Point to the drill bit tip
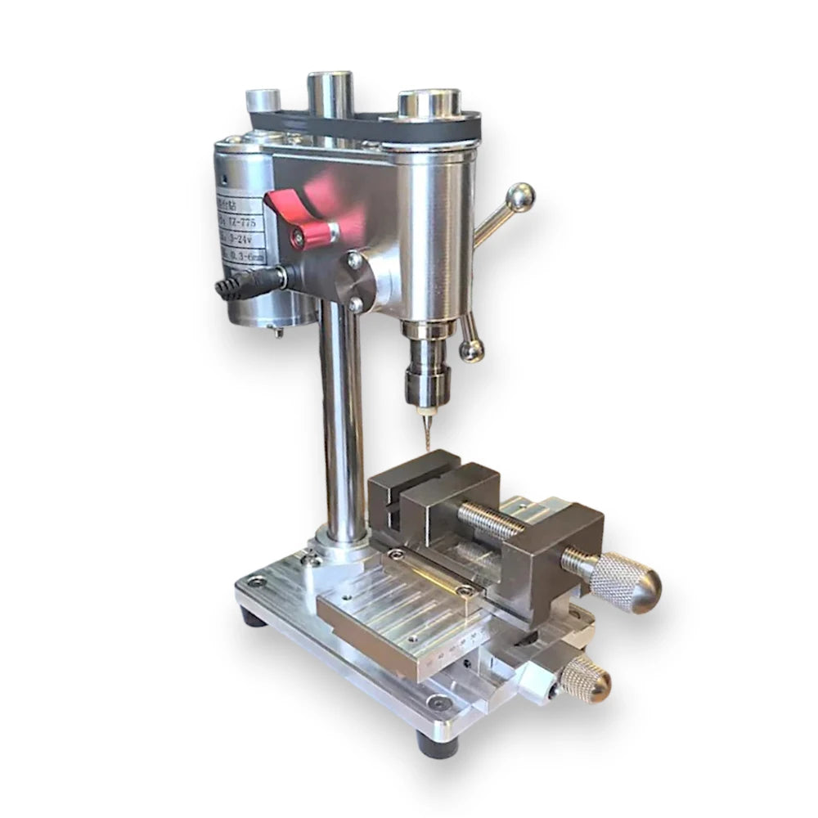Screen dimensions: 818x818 click(x=425, y=446)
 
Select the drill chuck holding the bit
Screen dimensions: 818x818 click(x=422, y=380)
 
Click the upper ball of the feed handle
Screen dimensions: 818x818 click(x=520, y=197)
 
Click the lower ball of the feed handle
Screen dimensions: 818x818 click(x=471, y=350)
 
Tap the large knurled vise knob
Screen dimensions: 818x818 click(x=625, y=582)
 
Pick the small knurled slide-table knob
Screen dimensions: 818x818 click(x=586, y=678)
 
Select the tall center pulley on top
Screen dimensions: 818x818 click(x=330, y=94)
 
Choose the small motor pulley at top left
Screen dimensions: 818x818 click(x=263, y=102)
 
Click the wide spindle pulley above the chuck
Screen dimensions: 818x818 click(x=429, y=106)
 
